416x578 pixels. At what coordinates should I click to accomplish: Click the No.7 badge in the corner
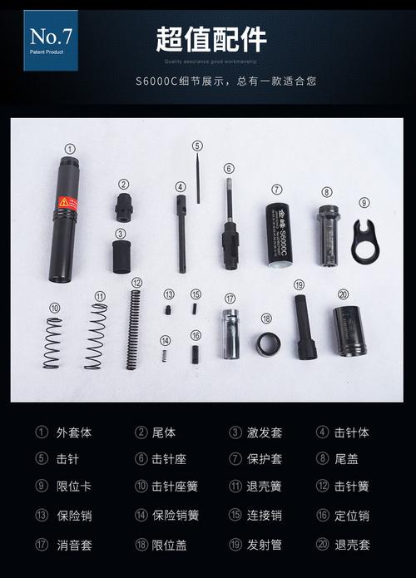(x=50, y=39)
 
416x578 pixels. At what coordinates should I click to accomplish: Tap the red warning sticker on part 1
(x=67, y=203)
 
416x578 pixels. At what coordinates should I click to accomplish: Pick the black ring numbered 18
(x=267, y=343)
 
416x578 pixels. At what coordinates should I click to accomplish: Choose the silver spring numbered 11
(x=96, y=336)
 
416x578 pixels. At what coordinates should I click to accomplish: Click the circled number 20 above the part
(x=343, y=294)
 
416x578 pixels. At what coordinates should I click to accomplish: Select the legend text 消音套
(x=75, y=545)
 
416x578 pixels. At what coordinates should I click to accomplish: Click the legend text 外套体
(x=75, y=432)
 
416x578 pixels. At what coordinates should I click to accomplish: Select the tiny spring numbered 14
(x=165, y=356)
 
